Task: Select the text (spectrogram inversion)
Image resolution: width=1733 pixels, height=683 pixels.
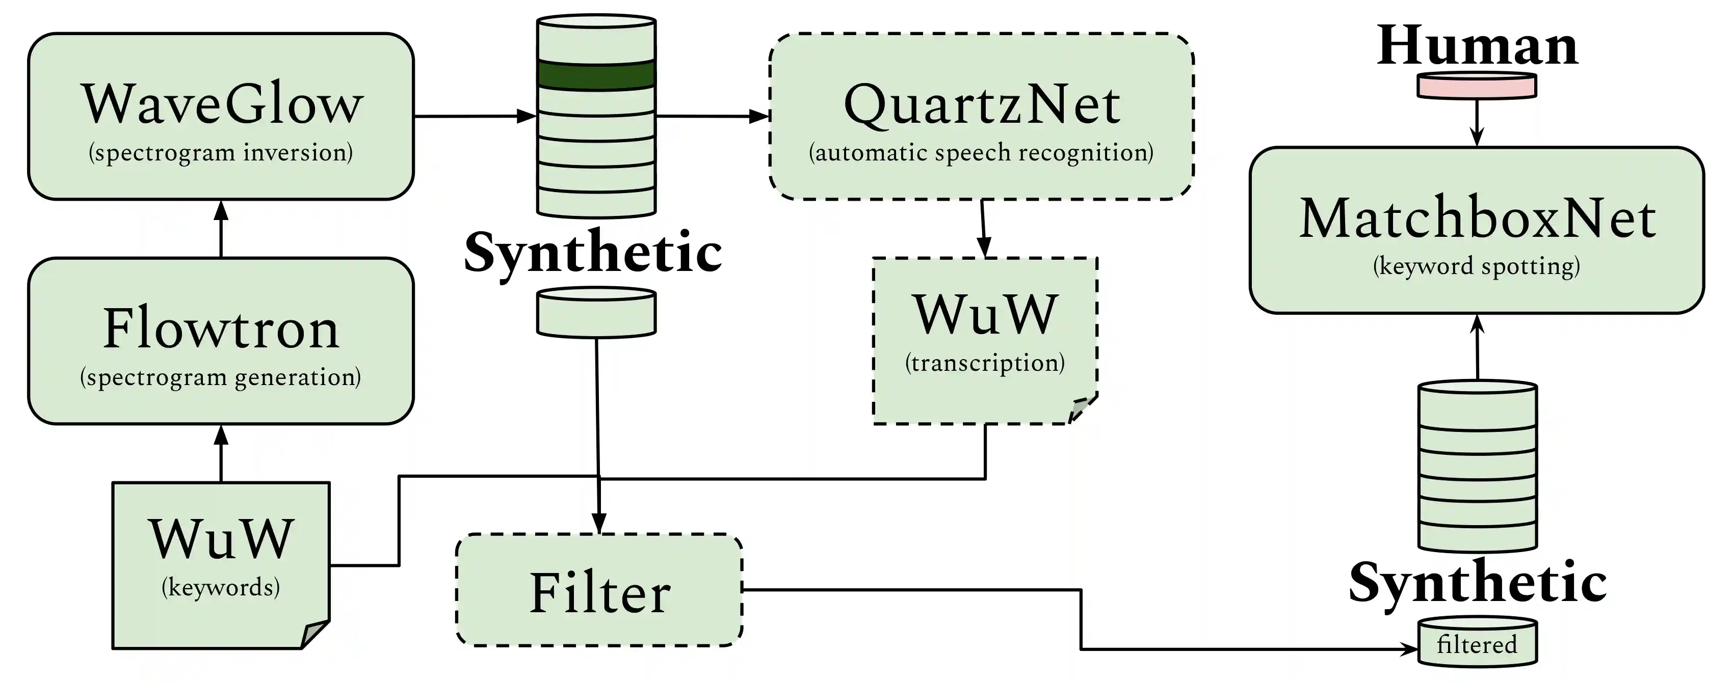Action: [x=221, y=153]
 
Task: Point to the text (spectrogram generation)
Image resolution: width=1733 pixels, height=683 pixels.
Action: [x=221, y=377]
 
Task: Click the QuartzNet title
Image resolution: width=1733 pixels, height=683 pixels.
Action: [x=982, y=105]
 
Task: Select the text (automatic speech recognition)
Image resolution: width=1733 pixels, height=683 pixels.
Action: [x=981, y=153]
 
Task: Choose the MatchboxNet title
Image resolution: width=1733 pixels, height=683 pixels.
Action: [x=1477, y=218]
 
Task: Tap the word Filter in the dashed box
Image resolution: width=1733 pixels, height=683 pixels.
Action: [x=599, y=593]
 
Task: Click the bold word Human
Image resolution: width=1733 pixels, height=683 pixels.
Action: [x=1477, y=46]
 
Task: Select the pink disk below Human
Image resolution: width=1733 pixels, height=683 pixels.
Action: [x=1477, y=86]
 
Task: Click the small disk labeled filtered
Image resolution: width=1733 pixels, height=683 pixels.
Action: [x=1477, y=644]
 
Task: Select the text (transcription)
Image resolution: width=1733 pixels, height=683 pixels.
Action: [x=985, y=363]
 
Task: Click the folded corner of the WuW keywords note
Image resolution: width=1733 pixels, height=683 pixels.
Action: [x=314, y=634]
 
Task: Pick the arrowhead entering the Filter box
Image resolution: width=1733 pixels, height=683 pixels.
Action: [x=599, y=523]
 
